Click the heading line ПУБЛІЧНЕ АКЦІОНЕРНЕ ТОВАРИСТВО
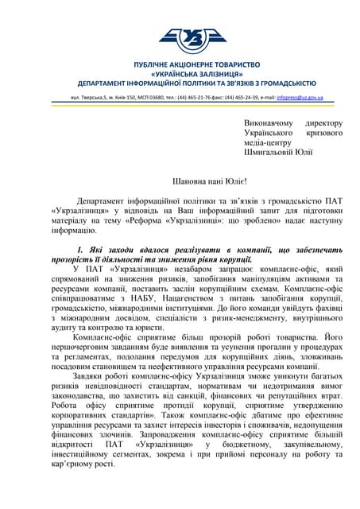tap(181, 64)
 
